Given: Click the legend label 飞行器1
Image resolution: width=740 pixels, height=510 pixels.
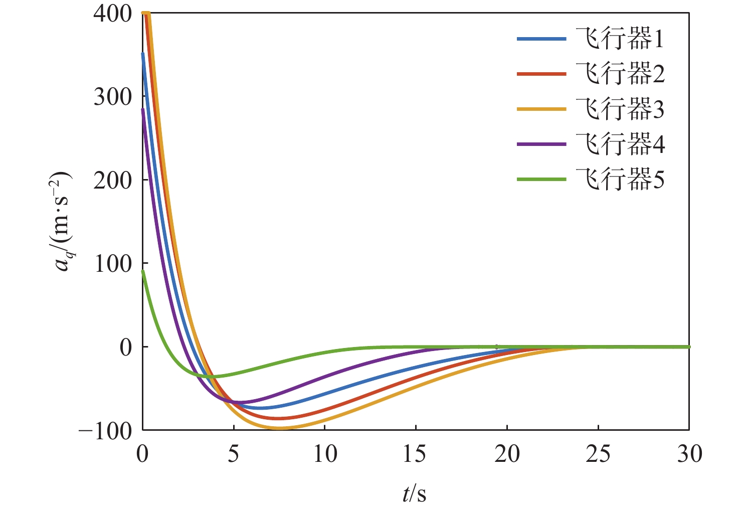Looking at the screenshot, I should click(620, 39).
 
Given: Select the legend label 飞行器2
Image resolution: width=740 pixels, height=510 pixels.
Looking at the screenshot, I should click(620, 74).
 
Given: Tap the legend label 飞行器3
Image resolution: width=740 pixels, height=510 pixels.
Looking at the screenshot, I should click(620, 109).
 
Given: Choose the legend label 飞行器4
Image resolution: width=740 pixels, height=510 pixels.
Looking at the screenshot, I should click(620, 144).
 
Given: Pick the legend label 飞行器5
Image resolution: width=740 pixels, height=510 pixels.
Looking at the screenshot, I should click(620, 180).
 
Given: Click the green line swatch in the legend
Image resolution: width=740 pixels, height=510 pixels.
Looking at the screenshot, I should click(541, 180).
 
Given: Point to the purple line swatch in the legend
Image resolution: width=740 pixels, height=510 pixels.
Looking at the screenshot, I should click(541, 144).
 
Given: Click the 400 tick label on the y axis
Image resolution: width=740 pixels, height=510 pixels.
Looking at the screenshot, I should click(112, 13).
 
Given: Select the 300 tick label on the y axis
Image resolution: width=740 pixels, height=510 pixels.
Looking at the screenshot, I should click(112, 96).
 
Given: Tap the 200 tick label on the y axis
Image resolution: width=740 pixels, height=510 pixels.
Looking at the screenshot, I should click(112, 180).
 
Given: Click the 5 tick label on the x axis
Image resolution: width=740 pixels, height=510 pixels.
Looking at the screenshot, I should click(234, 454).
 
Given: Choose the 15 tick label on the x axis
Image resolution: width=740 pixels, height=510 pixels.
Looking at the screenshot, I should click(416, 454).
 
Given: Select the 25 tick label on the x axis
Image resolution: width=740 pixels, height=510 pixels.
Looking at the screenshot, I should click(598, 454).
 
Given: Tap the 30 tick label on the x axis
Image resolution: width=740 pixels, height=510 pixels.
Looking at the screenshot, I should click(689, 454).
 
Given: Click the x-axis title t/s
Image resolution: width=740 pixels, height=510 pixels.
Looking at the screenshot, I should click(415, 493).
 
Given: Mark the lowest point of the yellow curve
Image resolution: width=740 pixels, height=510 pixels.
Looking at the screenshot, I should click(280, 428).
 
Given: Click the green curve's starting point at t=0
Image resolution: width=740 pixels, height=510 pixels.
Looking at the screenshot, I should click(143, 271).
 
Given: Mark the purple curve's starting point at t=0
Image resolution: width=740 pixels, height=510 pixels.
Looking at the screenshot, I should click(143, 109).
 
